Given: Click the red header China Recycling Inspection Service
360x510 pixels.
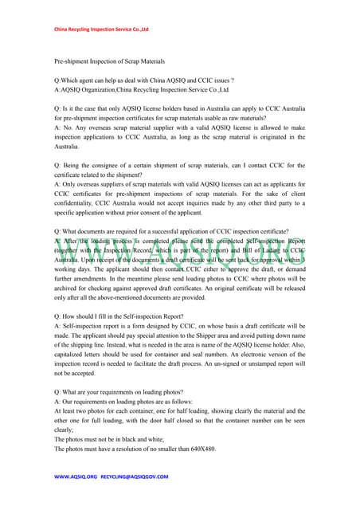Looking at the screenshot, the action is [101, 29].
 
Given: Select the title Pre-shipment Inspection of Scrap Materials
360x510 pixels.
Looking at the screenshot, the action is [109, 61].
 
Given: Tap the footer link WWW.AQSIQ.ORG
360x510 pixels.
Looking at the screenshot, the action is [76, 477].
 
